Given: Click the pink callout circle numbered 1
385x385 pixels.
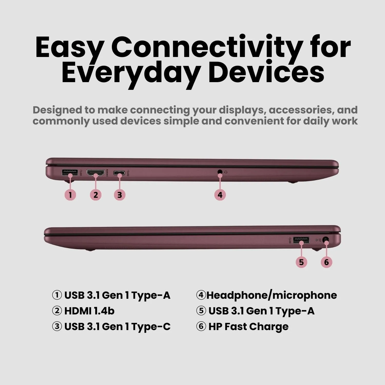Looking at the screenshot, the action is (x=70, y=195).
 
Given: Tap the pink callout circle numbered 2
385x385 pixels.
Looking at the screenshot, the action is (x=96, y=195).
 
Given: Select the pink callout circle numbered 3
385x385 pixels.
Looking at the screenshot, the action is (x=120, y=195).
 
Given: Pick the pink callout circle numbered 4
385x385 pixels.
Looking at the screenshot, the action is (x=220, y=195).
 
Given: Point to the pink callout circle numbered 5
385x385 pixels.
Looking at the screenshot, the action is (x=301, y=262).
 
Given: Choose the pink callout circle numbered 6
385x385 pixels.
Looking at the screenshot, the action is (x=326, y=262).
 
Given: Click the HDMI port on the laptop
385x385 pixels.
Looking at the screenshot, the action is (x=96, y=173).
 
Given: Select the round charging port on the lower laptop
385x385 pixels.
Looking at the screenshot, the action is (x=326, y=241).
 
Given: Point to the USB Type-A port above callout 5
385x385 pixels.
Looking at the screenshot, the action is (x=301, y=240).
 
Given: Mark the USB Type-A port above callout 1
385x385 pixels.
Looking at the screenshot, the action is (x=70, y=172).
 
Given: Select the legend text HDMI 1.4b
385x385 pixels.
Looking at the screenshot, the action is (x=89, y=311).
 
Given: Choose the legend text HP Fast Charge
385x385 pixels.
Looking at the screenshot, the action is (x=248, y=326).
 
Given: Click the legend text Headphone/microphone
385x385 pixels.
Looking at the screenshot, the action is (x=272, y=295).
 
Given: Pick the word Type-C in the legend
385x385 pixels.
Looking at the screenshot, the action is (x=151, y=327).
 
